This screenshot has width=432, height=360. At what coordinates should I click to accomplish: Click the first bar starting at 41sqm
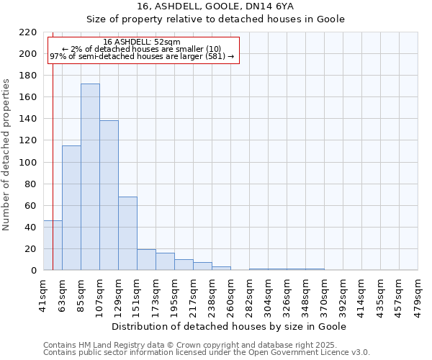53,246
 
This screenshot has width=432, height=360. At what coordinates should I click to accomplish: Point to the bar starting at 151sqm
146,260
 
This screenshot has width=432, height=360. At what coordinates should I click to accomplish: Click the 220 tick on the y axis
29,32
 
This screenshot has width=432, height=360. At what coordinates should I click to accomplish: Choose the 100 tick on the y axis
29,163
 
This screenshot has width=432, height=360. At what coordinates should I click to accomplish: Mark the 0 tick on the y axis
34,271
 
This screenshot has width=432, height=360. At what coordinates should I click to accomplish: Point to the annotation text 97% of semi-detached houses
142,56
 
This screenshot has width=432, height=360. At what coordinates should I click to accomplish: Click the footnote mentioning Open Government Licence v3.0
207,352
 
